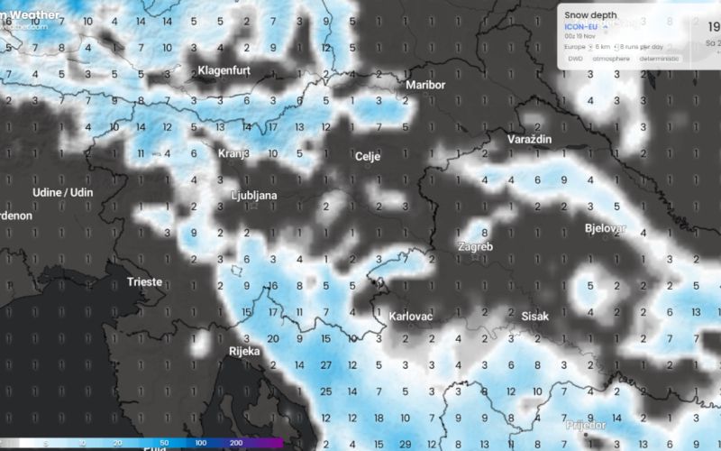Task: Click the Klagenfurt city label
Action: point(228,69)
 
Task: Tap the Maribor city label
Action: point(425,85)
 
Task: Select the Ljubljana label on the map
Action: point(254,195)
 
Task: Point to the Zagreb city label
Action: point(475,246)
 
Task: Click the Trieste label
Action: point(144,281)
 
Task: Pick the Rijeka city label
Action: point(244,351)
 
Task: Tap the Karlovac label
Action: point(411,318)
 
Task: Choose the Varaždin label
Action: point(530,141)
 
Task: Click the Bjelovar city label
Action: point(605,228)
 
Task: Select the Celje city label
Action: point(369,157)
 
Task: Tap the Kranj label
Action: point(232,153)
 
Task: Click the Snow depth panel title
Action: point(590,14)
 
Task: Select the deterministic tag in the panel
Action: point(661,59)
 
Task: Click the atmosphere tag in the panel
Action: point(611,59)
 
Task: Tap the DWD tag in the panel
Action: point(575,59)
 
